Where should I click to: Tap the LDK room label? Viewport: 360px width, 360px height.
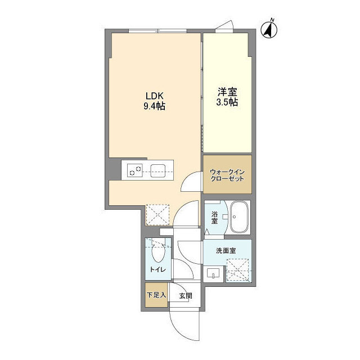154,94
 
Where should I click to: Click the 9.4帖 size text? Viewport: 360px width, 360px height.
154,106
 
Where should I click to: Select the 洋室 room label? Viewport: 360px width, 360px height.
227,92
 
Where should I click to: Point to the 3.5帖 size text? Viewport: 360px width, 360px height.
227,103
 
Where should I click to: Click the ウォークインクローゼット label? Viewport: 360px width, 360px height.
227,174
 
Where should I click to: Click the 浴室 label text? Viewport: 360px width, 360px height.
214,218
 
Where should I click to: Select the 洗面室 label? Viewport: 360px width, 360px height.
226,251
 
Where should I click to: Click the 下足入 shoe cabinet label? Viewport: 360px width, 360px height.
156,295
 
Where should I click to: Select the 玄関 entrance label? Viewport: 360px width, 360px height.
186,295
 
